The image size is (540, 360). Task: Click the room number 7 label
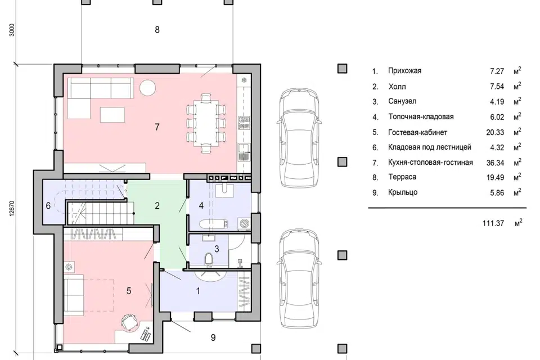[157, 127]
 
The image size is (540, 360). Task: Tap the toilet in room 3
[209, 259]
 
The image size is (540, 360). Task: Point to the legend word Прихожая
[404, 71]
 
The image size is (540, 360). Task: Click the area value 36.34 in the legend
[495, 163]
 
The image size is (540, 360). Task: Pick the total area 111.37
[493, 223]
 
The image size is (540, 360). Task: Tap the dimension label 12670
[12, 209]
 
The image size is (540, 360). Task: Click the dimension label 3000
[12, 30]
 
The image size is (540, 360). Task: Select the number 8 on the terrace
[157, 30]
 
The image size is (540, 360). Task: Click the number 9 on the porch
[213, 337]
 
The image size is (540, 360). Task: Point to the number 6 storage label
[48, 206]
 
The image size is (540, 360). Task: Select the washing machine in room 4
[244, 223]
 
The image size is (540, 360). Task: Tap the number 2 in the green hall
[157, 206]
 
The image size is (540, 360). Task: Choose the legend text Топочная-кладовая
[421, 117]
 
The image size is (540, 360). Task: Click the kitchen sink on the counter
[244, 152]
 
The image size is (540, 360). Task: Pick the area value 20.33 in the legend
[495, 132]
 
